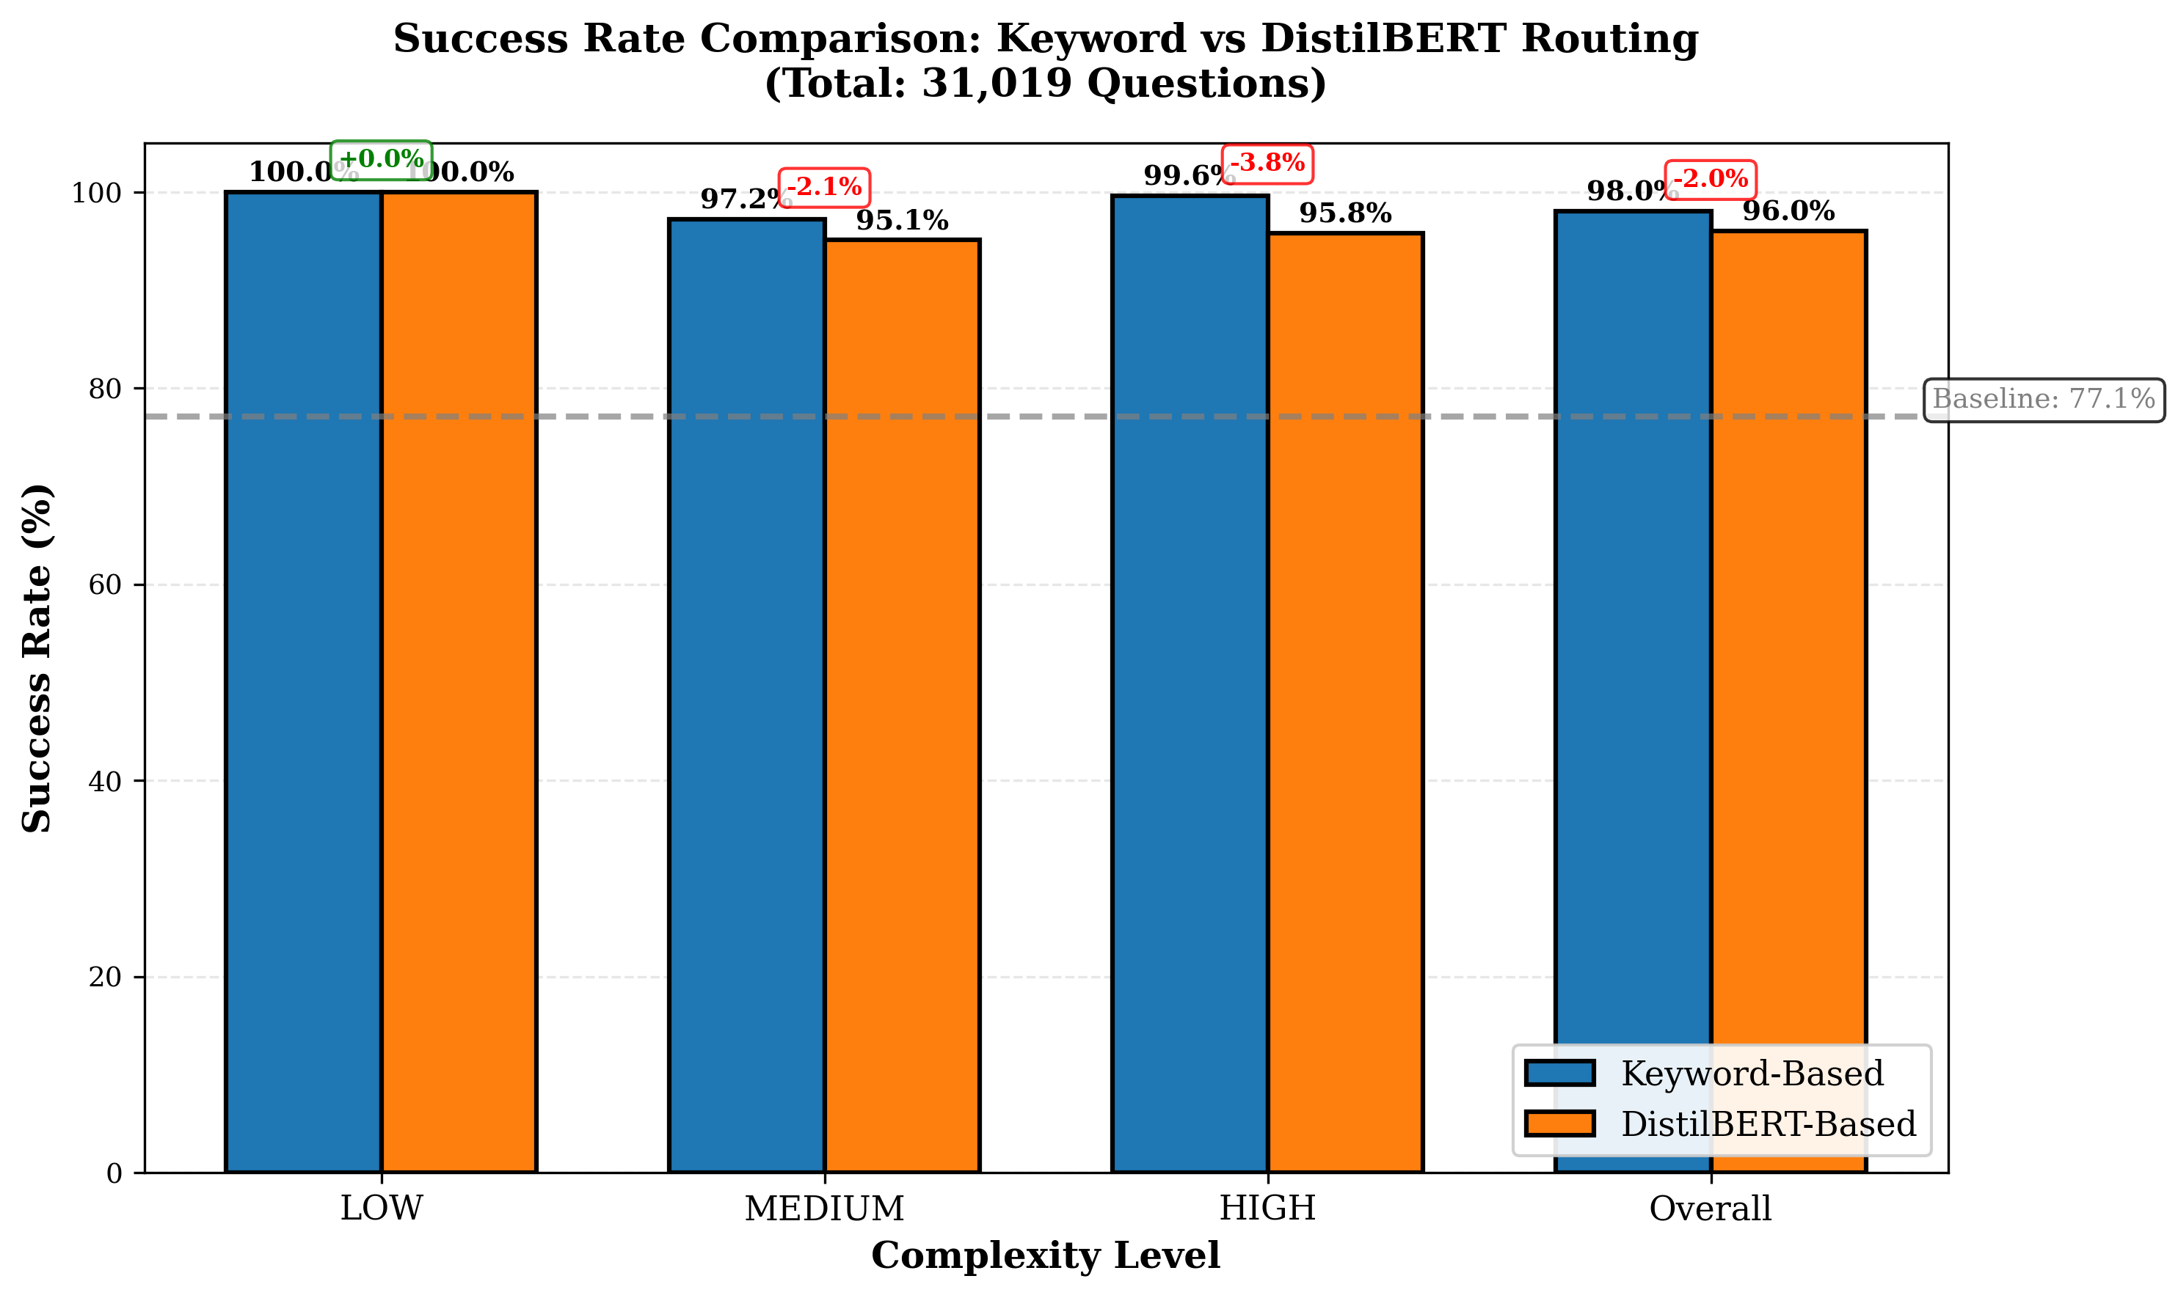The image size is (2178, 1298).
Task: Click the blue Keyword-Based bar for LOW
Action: point(304,682)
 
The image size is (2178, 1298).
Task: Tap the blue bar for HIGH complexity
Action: point(1190,682)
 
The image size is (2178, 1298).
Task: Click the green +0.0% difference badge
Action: point(381,159)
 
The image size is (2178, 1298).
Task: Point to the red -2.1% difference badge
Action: point(823,187)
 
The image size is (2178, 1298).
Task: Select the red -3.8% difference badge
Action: point(1267,163)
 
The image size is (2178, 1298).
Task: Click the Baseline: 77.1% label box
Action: point(2043,400)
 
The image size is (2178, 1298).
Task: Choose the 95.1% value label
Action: point(902,221)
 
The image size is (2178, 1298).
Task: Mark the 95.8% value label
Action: point(1345,213)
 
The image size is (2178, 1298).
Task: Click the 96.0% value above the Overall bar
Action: point(1788,210)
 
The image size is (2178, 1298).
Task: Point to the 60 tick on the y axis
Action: point(105,584)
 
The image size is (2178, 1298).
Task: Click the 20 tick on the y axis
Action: point(105,977)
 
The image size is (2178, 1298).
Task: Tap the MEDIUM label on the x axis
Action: point(823,1209)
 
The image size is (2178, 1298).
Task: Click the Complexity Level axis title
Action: point(1045,1256)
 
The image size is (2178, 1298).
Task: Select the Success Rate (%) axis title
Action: point(37,658)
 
